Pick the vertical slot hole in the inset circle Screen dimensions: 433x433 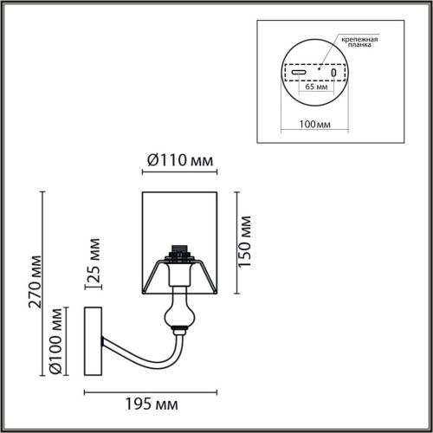pyautogui.click(x=333, y=74)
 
